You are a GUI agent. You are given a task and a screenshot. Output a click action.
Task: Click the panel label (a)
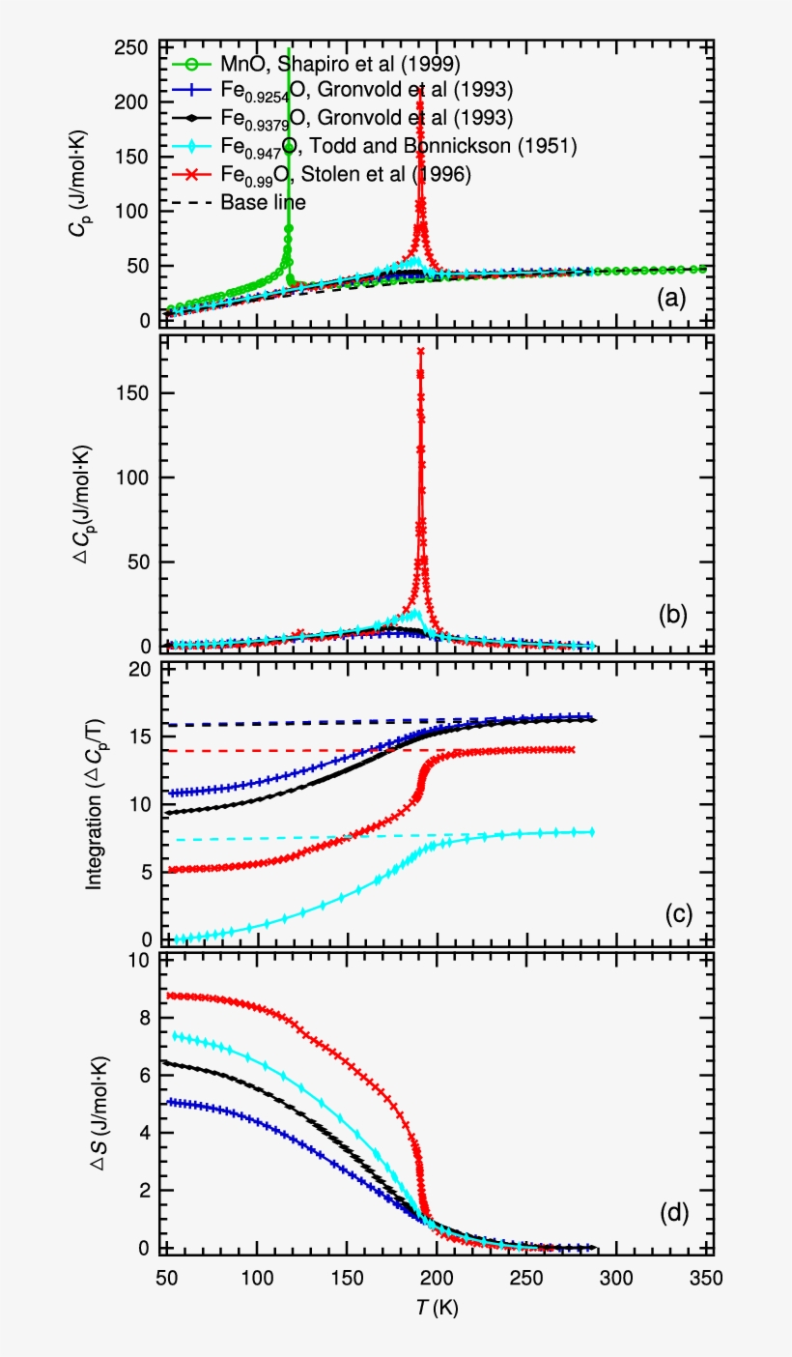(x=671, y=300)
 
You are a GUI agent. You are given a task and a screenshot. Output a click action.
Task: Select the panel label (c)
(x=671, y=914)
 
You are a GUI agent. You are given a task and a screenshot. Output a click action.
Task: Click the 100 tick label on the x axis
(x=257, y=1278)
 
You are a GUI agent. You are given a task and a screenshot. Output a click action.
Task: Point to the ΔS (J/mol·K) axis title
(x=98, y=1102)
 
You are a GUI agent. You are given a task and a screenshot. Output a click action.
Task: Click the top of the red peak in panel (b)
(x=420, y=351)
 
